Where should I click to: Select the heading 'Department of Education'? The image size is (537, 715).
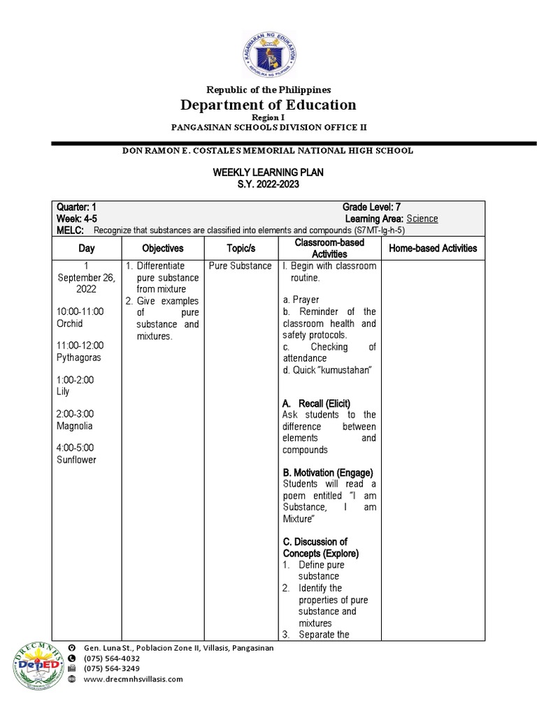(268, 105)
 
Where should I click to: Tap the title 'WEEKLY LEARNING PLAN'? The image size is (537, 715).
(268, 172)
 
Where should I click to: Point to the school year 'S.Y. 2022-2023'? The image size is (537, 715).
(268, 184)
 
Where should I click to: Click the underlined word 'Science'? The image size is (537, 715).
(422, 219)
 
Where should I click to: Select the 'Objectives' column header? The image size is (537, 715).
(163, 248)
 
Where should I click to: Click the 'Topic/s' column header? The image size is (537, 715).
(241, 248)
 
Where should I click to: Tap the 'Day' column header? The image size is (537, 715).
(87, 248)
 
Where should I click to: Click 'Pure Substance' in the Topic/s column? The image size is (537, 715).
(240, 266)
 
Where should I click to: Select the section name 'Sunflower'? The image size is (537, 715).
(76, 459)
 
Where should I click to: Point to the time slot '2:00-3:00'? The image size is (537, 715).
(75, 414)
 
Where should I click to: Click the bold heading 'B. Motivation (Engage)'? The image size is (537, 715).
(328, 473)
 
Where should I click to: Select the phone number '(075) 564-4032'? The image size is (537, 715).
(111, 658)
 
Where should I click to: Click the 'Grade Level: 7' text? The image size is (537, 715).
(371, 207)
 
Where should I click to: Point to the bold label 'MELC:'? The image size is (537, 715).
(70, 230)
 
